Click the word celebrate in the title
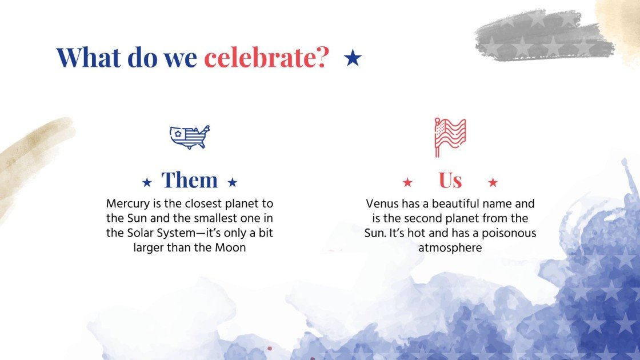(x=266, y=57)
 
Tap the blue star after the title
(x=353, y=57)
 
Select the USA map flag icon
(x=190, y=137)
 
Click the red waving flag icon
(x=450, y=137)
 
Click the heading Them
(x=190, y=181)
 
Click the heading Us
(x=450, y=181)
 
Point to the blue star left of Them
(x=147, y=182)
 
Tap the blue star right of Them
(x=232, y=182)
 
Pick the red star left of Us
(x=407, y=182)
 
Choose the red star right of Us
(x=493, y=182)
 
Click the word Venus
(x=381, y=203)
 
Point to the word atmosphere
(x=450, y=248)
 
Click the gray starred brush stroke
(x=543, y=35)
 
